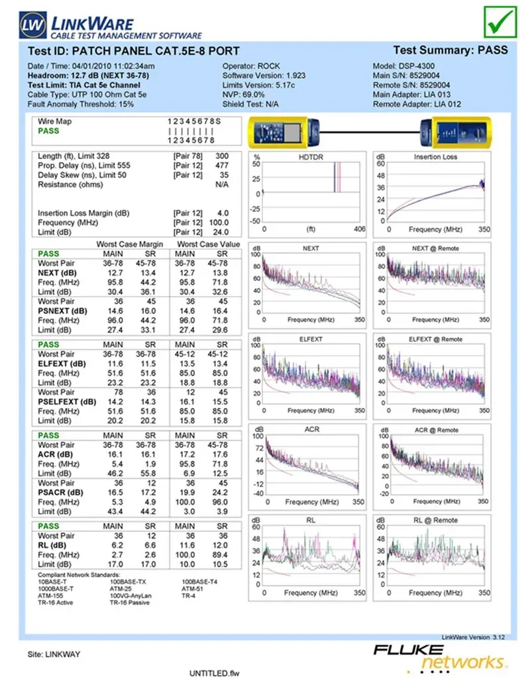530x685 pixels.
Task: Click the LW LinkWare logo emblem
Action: point(31,25)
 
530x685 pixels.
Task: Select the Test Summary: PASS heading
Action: point(450,50)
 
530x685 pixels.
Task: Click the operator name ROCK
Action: point(270,66)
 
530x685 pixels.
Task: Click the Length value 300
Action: point(222,156)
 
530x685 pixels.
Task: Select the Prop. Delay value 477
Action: point(222,166)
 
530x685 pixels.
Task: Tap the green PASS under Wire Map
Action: point(48,131)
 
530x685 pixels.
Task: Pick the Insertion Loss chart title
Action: point(435,157)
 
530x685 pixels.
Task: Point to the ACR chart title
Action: point(311,429)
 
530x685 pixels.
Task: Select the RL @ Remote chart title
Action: point(436,520)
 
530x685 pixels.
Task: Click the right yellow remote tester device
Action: point(456,131)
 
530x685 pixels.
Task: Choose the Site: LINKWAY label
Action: point(54,655)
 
